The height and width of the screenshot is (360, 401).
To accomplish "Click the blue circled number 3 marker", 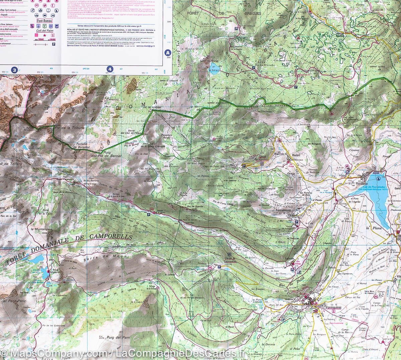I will [14, 70].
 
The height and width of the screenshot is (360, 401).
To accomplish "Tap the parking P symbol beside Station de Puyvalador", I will [244, 165].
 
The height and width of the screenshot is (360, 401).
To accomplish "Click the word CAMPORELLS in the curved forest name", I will [109, 237].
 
